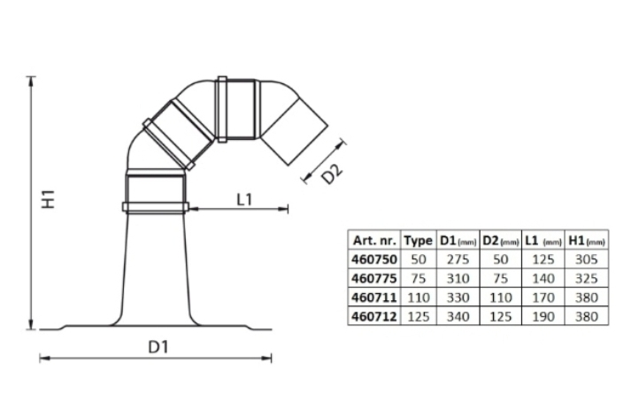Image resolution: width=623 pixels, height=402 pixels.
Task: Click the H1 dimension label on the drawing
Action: (49, 199)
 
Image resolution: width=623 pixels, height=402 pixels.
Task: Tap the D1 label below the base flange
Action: (158, 347)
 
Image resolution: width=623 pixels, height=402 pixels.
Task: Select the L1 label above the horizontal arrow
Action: (244, 199)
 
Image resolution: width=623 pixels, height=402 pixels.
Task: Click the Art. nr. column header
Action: (374, 241)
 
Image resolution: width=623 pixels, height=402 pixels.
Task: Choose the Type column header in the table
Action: (419, 241)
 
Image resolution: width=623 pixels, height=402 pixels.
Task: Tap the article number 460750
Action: (374, 259)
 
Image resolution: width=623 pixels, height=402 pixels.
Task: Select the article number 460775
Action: (374, 278)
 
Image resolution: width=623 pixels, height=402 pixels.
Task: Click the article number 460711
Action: (374, 298)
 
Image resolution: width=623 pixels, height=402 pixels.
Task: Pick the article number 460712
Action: (374, 316)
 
